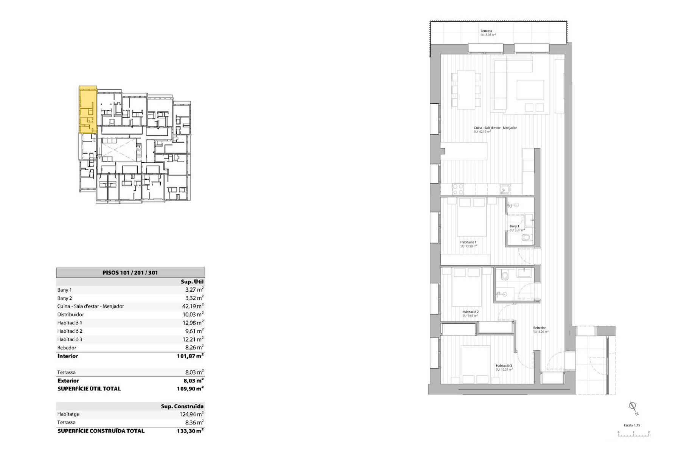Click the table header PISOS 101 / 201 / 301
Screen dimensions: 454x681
[x=130, y=272]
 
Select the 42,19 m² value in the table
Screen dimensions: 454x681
[x=193, y=306]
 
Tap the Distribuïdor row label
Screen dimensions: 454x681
[x=71, y=314]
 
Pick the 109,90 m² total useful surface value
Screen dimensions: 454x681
[x=190, y=389]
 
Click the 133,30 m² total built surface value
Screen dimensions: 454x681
[x=190, y=431]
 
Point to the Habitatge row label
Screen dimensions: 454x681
[x=68, y=414]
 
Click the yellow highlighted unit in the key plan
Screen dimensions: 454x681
[x=87, y=110]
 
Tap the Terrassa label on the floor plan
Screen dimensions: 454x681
[x=486, y=31]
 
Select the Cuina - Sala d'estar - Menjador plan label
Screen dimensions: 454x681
[x=495, y=128]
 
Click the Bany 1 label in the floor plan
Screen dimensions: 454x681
[x=514, y=226]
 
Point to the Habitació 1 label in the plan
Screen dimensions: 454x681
[x=468, y=242]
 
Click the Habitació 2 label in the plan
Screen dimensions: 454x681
[x=470, y=312]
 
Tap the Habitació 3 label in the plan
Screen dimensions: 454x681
[x=504, y=366]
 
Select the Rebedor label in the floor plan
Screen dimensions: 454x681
[x=540, y=328]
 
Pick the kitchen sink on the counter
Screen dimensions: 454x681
[x=505, y=189]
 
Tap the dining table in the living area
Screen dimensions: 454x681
[x=466, y=90]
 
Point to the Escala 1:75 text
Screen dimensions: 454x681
[x=632, y=425]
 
